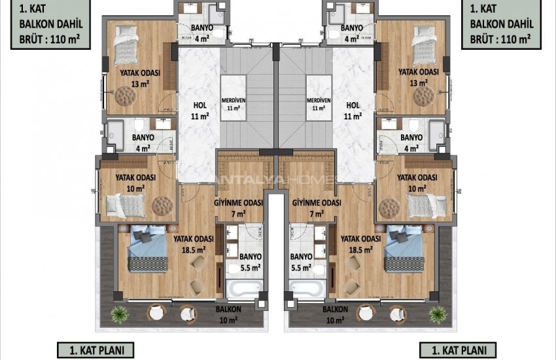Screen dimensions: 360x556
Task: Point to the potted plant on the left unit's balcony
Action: (118, 314)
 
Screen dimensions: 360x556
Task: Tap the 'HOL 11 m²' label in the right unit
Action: (353, 110)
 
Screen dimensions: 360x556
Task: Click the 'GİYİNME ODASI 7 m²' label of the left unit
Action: (239, 207)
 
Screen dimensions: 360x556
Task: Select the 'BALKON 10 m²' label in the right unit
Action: (335, 314)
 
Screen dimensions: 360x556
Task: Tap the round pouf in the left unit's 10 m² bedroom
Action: (160, 206)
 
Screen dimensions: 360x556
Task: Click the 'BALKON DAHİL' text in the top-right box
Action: (502, 24)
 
